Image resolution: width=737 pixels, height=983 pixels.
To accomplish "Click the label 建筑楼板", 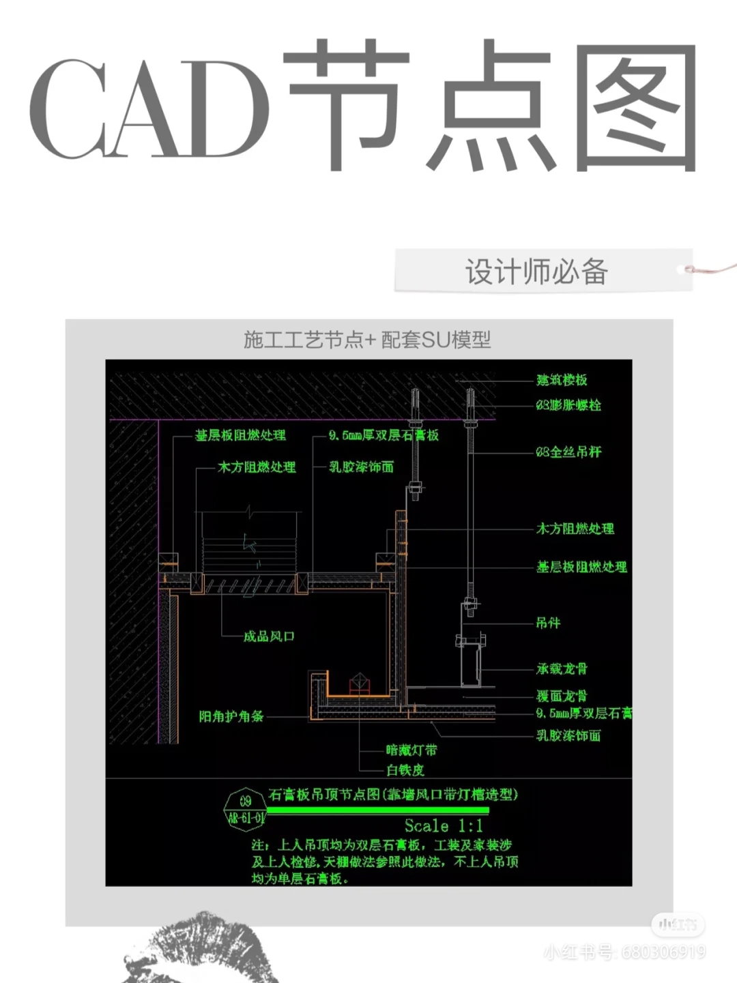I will tap(562, 380).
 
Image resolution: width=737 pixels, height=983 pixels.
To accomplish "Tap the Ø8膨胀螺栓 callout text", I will tap(568, 405).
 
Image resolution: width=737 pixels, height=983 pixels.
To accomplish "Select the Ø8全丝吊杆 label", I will tap(568, 452).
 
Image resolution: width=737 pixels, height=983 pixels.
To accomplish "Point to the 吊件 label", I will tap(548, 623).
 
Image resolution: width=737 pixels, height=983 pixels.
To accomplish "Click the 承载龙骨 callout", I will tap(562, 669).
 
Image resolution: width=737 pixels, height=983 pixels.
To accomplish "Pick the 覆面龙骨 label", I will tap(562, 696).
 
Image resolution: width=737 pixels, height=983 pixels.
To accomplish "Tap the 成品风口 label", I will tap(269, 636).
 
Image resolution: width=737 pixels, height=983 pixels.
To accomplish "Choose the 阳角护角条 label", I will tap(231, 716).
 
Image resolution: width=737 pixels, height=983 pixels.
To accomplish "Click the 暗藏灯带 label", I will tap(411, 750).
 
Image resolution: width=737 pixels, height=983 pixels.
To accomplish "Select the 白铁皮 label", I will tap(405, 770).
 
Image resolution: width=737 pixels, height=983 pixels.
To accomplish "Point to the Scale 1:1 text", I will tap(444, 826).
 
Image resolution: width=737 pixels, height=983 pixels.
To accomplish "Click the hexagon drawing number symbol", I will tap(245, 810).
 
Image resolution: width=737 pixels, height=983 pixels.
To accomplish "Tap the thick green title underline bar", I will tap(377, 810).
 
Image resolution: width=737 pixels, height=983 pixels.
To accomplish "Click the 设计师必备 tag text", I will tap(536, 272).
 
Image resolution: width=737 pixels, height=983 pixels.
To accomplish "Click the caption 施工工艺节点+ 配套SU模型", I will tap(367, 339).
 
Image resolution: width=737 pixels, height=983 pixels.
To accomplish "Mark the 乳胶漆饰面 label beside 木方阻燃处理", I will tap(362, 467).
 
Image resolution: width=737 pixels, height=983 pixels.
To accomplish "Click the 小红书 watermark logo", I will tap(677, 925).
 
